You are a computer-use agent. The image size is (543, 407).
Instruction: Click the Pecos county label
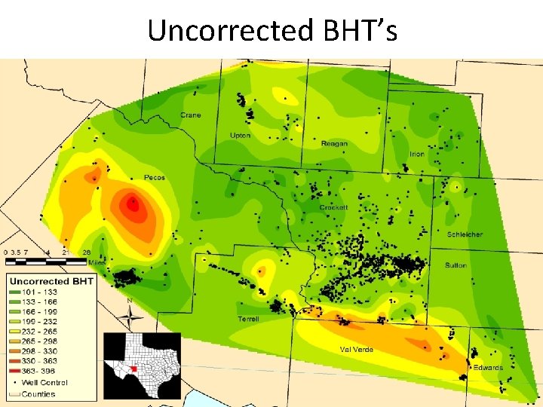pyautogui.click(x=154, y=178)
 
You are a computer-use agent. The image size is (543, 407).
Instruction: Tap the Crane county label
pyautogui.click(x=190, y=115)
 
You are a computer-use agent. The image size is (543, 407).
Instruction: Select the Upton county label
pyautogui.click(x=240, y=136)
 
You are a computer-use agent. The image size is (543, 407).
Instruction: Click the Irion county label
pyautogui.click(x=416, y=154)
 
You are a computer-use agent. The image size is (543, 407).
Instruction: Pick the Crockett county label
pyautogui.click(x=333, y=207)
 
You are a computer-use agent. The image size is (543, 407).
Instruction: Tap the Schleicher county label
pyautogui.click(x=465, y=234)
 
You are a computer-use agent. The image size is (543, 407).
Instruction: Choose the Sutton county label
pyautogui.click(x=456, y=265)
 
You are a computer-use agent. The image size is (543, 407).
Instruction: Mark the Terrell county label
pyautogui.click(x=248, y=319)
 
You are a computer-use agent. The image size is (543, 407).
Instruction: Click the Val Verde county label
pyautogui.click(x=356, y=350)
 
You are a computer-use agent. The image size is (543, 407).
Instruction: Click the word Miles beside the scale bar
pyautogui.click(x=97, y=262)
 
